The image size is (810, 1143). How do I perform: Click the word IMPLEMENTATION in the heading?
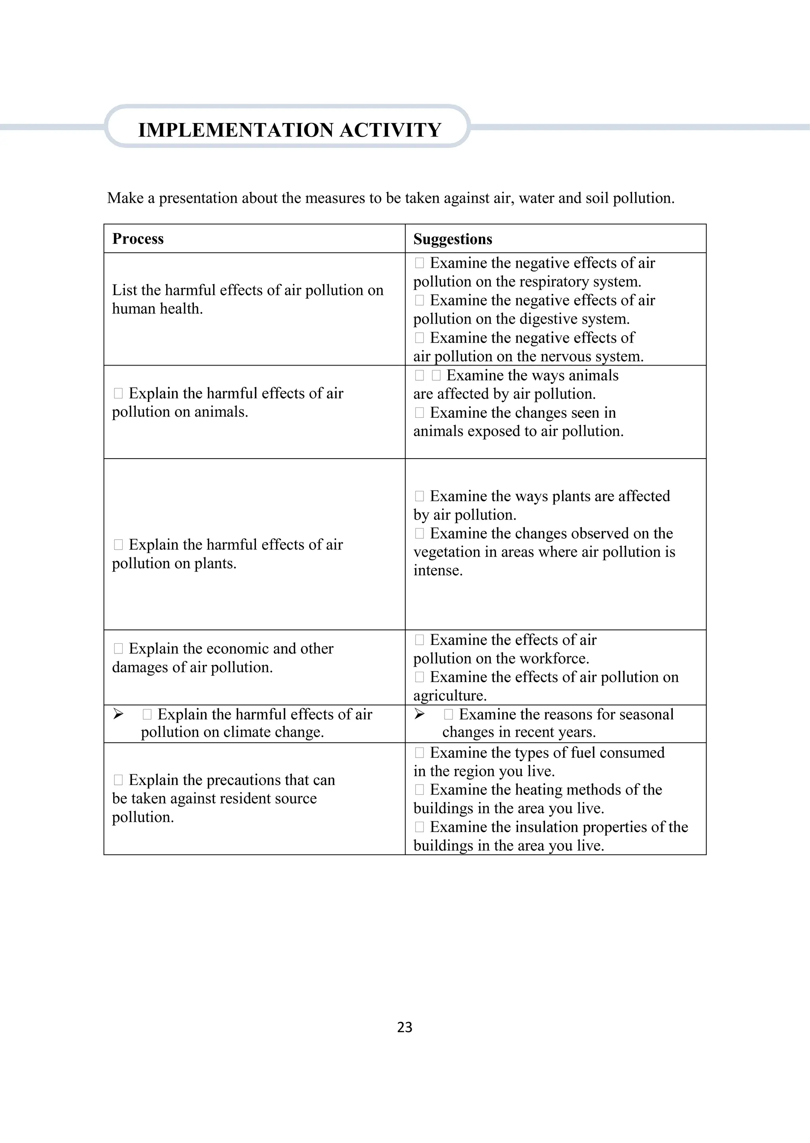coord(235,130)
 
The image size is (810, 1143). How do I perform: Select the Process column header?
coord(138,239)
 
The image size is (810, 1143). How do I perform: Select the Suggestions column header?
coord(452,239)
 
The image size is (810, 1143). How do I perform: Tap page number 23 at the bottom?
coord(405,1027)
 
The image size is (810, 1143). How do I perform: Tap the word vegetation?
coord(451,552)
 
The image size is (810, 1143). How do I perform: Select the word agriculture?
coord(449,696)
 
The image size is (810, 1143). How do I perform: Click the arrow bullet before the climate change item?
coord(118,714)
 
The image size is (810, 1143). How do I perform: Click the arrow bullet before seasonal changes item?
coord(420,714)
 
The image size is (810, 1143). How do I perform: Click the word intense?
coord(437,570)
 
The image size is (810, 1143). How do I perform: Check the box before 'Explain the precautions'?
coord(118,779)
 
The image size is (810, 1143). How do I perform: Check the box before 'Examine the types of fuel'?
coord(420,753)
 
